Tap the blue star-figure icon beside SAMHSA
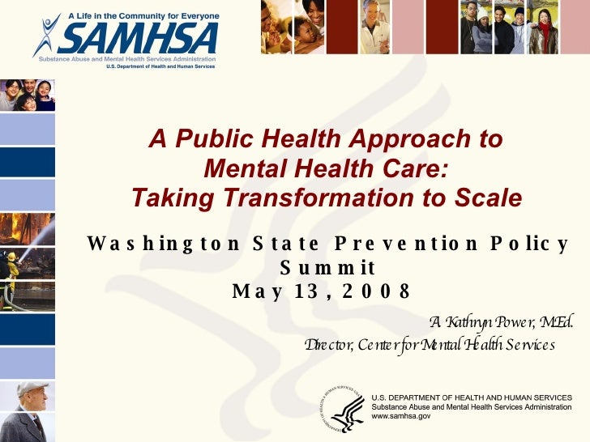tap(47, 35)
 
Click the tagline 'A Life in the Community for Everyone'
tap(144, 15)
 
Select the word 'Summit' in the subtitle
tap(327, 267)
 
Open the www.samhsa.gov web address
tap(401, 416)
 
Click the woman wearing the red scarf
tap(542, 30)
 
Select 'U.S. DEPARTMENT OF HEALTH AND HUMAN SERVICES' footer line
tap(471, 397)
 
